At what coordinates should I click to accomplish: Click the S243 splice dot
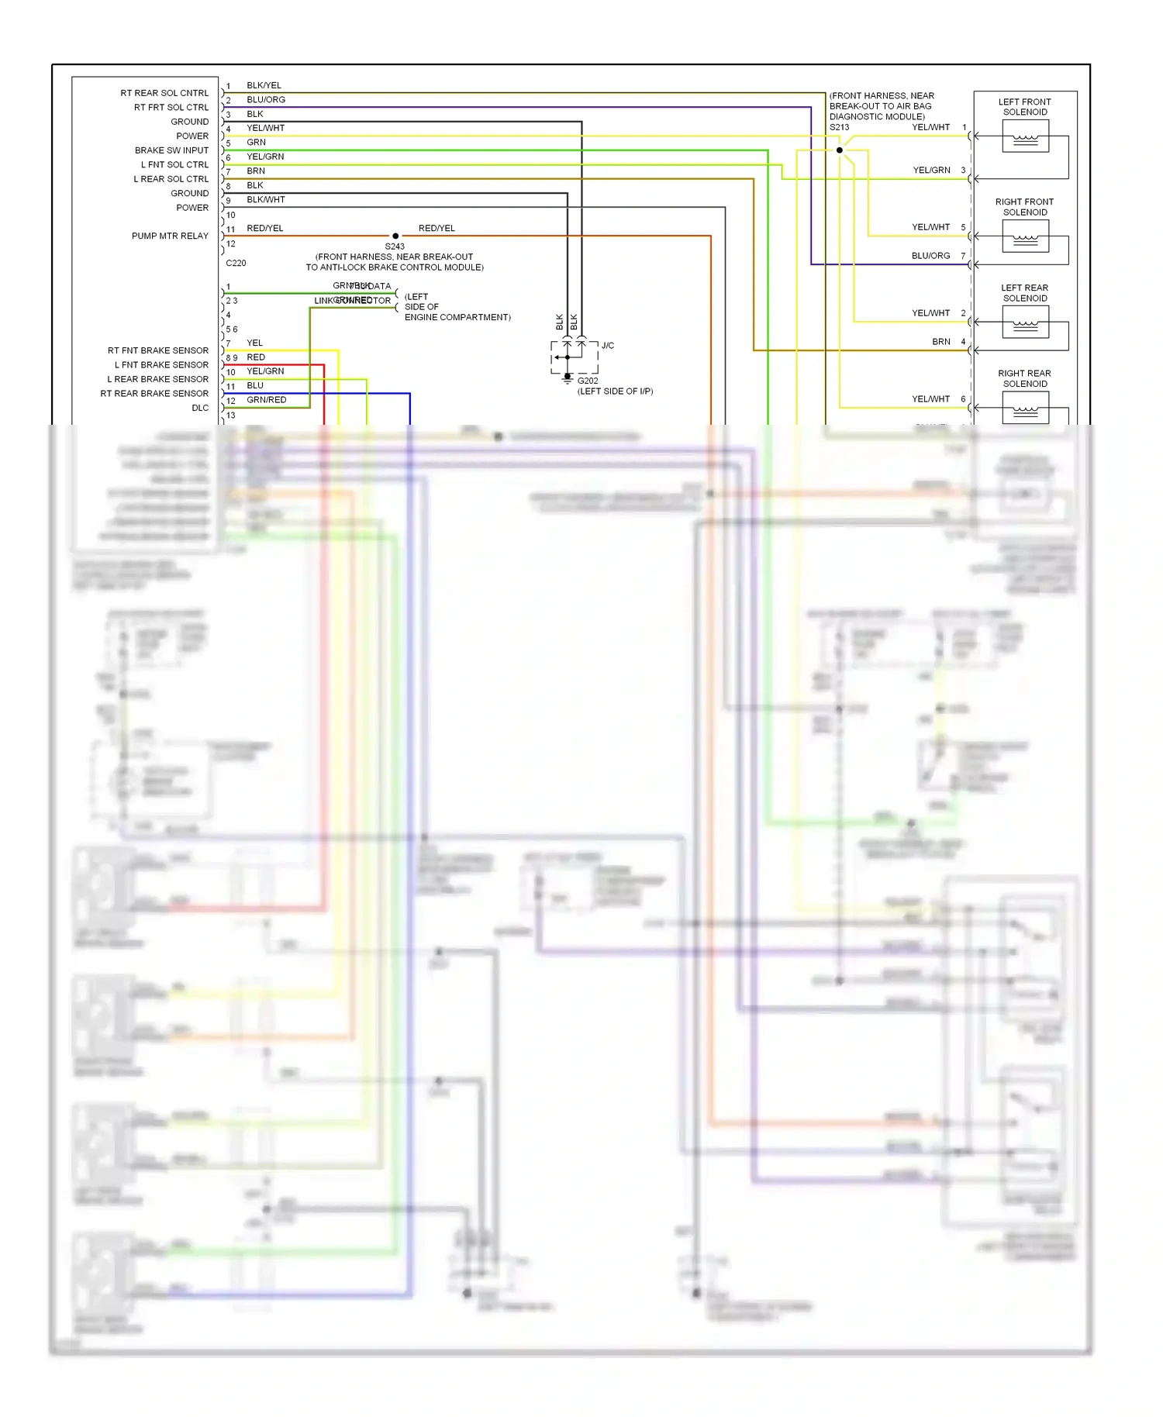[x=395, y=236]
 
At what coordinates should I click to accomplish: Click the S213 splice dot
[x=839, y=150]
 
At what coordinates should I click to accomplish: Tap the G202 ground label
[x=588, y=381]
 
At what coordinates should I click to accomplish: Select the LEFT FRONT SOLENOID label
[x=1024, y=107]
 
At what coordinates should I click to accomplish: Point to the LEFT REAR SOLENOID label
[x=1024, y=293]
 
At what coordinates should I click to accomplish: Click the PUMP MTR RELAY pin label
[x=170, y=236]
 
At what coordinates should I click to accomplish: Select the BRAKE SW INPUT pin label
[x=171, y=150]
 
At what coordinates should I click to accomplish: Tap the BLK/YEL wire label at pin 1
[x=264, y=85]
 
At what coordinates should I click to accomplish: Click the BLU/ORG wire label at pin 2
[x=266, y=99]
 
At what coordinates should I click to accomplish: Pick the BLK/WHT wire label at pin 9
[x=266, y=199]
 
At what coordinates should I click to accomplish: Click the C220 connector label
[x=236, y=263]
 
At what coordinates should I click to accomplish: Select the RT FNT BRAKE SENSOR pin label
[x=158, y=350]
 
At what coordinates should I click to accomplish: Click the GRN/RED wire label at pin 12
[x=267, y=400]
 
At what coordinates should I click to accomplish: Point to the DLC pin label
[x=200, y=408]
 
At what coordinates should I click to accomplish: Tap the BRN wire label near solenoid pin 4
[x=940, y=341]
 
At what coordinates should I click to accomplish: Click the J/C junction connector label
[x=608, y=346]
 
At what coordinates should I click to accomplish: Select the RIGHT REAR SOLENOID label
[x=1024, y=378]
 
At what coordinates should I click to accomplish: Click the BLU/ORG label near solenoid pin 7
[x=930, y=255]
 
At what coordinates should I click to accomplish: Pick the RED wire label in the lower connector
[x=256, y=357]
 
